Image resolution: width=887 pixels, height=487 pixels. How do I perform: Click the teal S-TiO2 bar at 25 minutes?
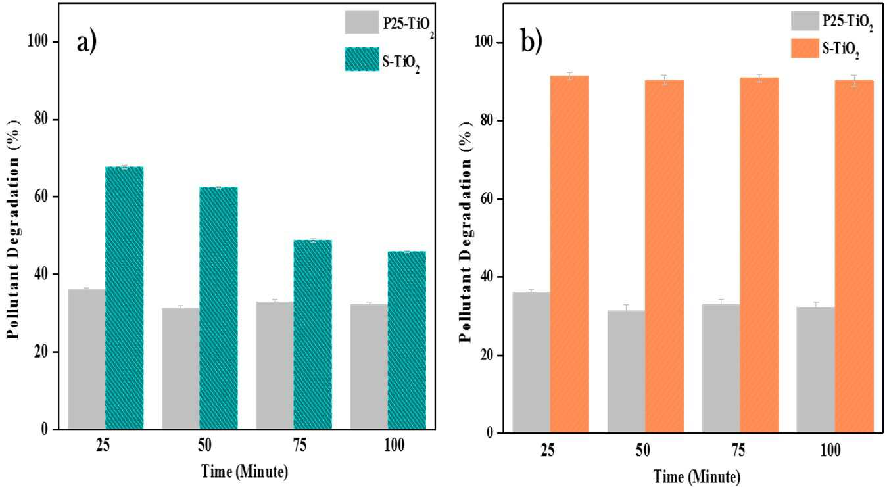tap(124, 298)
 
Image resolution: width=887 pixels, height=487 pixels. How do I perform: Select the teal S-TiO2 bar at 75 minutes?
tap(313, 335)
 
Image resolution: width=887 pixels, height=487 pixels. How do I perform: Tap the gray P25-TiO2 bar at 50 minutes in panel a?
tap(181, 369)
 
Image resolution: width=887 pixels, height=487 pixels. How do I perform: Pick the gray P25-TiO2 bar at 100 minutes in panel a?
tap(369, 367)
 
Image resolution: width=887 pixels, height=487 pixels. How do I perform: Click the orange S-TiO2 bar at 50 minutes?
tap(665, 256)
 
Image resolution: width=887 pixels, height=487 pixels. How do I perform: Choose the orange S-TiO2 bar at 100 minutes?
tap(855, 256)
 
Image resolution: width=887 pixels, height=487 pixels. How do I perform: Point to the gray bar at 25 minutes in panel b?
tap(531, 362)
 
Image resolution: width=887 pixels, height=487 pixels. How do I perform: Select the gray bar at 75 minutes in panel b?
tap(721, 368)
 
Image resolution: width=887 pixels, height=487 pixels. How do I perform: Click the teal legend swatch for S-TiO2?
tap(362, 59)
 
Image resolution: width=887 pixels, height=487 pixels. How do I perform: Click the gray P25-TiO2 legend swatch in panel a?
tap(362, 22)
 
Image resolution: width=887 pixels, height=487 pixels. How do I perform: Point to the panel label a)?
tap(87, 42)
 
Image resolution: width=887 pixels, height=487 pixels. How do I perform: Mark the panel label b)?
tap(531, 41)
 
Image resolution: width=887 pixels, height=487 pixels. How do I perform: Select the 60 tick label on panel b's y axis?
tap(487, 198)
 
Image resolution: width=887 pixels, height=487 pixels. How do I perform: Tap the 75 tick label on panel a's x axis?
tap(300, 446)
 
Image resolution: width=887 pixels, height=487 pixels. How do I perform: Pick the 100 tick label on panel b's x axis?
tap(830, 450)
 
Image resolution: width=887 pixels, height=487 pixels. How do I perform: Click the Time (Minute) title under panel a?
tap(245, 471)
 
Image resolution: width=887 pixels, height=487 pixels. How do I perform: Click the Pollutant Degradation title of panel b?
tap(466, 231)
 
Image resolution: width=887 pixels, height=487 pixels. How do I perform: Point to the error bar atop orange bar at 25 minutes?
tap(570, 76)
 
